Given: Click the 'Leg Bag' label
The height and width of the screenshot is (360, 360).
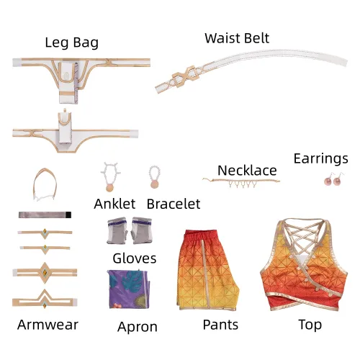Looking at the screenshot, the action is point(72,42).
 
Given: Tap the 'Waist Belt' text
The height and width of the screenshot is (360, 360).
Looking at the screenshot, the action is point(237,38).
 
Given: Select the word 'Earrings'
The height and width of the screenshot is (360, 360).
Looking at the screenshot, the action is point(321,158).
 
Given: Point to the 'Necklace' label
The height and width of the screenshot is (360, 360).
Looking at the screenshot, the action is point(247,171).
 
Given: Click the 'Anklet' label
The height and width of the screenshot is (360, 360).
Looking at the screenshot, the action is point(114,204).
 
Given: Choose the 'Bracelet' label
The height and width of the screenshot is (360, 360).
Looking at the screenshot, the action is point(174,204).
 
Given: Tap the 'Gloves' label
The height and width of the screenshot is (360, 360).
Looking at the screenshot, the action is point(135,258).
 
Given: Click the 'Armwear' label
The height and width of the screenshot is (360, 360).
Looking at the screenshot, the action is point(48,325).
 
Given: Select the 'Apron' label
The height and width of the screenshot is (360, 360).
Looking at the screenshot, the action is point(138,327).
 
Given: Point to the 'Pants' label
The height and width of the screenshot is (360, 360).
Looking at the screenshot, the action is point(220,325).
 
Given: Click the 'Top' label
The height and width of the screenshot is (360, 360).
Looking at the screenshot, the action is point(310,325).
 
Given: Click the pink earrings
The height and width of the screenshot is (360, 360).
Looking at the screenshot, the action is point(334,179).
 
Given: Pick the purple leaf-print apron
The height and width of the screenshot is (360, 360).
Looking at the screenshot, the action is point(129,289).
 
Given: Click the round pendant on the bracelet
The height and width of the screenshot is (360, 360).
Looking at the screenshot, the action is point(154,184).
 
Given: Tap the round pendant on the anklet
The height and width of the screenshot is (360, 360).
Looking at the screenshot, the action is point(109,187).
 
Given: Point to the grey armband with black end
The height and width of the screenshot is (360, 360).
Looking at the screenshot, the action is point(45,215).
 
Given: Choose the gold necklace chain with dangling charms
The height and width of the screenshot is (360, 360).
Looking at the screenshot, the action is point(241,182).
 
